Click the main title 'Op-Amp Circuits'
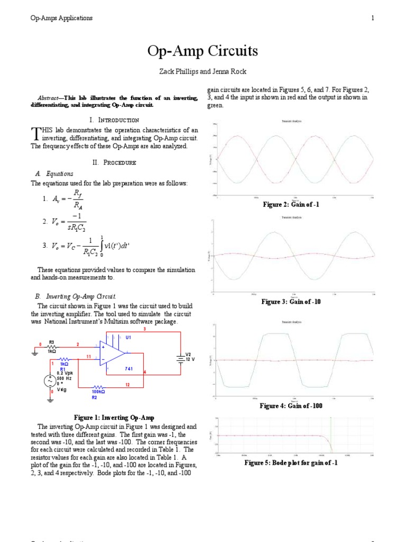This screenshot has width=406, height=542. pyautogui.click(x=203, y=51)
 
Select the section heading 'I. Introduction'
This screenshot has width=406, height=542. pyautogui.click(x=115, y=120)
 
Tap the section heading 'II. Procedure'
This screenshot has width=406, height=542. pyautogui.click(x=114, y=162)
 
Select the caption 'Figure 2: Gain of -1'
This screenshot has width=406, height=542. pyautogui.click(x=291, y=205)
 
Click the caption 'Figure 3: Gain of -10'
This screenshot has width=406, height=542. pyautogui.click(x=291, y=302)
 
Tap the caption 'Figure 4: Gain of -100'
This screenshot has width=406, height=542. pyautogui.click(x=291, y=406)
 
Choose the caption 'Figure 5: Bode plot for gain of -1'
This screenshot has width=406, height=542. pyautogui.click(x=291, y=463)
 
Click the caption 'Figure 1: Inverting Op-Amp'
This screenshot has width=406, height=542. pyautogui.click(x=115, y=418)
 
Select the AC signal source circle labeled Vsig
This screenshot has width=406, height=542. pyautogui.click(x=51, y=380)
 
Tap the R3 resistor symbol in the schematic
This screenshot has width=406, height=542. pyautogui.click(x=51, y=346)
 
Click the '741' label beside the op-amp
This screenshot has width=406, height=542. pyautogui.click(x=128, y=368)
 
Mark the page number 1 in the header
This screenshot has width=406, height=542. pyautogui.click(x=373, y=18)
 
